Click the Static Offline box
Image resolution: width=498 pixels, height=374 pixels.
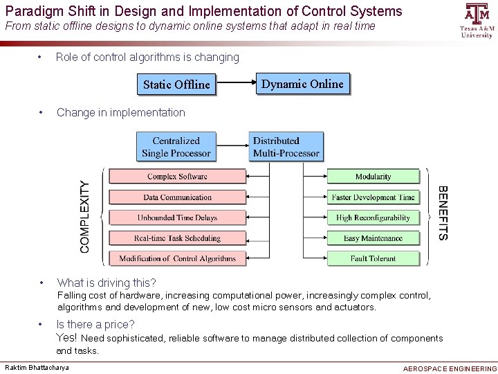coord(176,84)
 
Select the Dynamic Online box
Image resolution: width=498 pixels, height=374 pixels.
coord(302,84)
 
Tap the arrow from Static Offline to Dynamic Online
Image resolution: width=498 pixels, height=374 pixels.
coord(236,84)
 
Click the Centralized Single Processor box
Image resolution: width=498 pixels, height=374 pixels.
coord(176,147)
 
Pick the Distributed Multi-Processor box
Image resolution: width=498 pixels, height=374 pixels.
coord(286,147)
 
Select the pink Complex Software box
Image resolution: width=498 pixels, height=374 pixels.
coord(177,177)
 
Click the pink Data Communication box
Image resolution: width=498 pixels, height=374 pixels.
coord(177,197)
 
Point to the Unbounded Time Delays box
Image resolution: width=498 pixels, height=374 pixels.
coord(177,217)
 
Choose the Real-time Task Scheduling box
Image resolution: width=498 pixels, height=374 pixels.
coord(177,238)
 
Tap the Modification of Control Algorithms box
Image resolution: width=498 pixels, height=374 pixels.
coord(177,258)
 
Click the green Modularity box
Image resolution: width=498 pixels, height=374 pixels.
coord(373,177)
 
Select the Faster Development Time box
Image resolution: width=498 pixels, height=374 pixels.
coord(373,197)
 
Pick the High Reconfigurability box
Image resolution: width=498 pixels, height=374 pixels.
coord(373,217)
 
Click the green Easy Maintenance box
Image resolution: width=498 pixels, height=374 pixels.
coord(373,238)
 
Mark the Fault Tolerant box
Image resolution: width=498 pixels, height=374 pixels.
coord(373,258)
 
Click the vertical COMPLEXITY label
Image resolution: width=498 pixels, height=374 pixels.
coord(85,217)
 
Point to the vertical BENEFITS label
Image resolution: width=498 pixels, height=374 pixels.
coord(443,213)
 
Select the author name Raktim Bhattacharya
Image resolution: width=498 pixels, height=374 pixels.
coord(37,367)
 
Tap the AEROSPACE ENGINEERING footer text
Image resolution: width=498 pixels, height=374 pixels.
coord(449,368)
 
